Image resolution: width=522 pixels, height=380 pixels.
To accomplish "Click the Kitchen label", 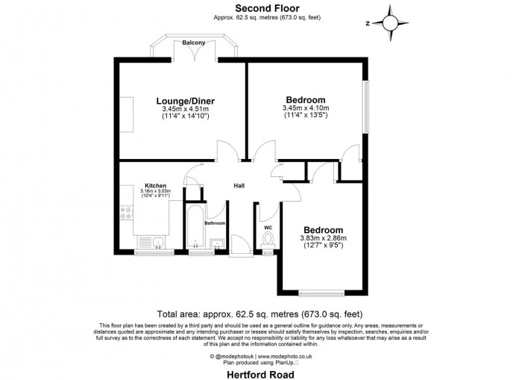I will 156,185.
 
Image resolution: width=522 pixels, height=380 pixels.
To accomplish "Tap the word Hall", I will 239,185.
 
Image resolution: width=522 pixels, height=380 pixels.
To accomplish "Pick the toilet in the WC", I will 268,240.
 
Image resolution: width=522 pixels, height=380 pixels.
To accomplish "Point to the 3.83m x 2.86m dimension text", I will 323,238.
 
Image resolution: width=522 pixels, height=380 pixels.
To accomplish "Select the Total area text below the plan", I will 260,314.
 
